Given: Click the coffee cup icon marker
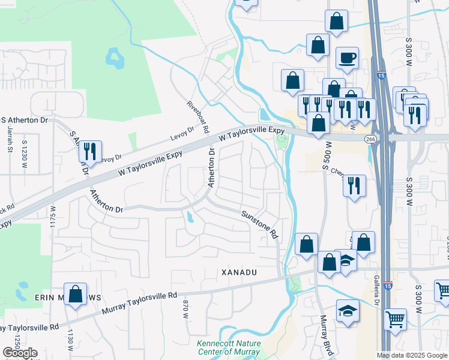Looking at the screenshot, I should coord(347,59).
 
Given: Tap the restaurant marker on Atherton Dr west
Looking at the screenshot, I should coord(90,152).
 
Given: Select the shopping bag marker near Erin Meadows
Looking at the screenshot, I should coord(76,295).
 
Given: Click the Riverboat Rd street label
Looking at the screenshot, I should coord(198,116).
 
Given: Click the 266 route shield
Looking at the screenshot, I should coord(370,139).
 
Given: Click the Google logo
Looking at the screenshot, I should coord(20,353).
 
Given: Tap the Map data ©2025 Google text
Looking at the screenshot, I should coord(412,355).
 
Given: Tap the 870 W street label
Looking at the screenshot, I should coord(185,308).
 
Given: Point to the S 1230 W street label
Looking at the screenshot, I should coord(25,150).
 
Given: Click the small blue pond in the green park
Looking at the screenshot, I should coord(113,58).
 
